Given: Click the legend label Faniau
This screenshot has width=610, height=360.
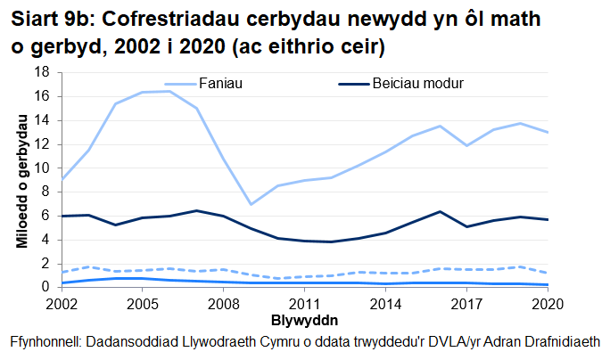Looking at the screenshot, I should [x=223, y=84].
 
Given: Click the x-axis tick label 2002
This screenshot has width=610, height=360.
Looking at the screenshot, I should [x=61, y=303].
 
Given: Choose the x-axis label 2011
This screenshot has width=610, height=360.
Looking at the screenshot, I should [x=304, y=303].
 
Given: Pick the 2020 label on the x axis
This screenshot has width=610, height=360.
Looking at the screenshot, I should [x=546, y=303].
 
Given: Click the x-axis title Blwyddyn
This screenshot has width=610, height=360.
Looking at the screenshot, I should [x=303, y=318].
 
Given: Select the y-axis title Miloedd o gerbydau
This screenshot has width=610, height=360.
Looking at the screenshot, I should [x=20, y=180].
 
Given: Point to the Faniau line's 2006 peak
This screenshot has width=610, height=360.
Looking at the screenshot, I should [x=169, y=91].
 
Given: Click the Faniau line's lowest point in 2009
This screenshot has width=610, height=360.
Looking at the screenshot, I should [x=251, y=204].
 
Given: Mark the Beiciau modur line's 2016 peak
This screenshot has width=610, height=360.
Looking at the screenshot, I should [x=440, y=211].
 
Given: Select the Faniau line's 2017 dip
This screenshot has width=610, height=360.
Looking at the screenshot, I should [x=466, y=145].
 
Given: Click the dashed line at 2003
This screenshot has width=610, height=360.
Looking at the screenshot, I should [x=88, y=266].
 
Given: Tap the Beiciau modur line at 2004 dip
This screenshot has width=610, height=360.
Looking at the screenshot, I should [x=115, y=225].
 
